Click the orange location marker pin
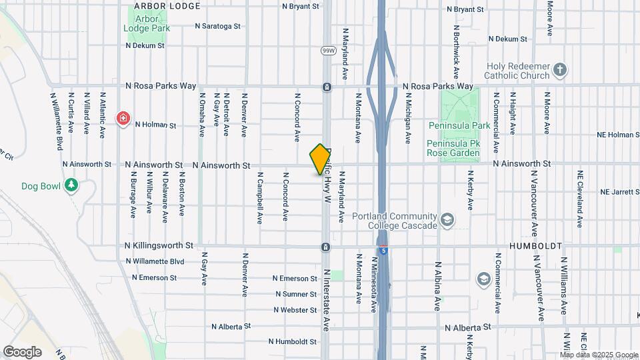tap(320, 159)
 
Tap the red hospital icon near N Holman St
tap(123, 119)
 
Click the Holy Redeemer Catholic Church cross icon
tap(561, 69)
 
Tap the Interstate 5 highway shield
tap(383, 250)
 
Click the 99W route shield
tap(327, 51)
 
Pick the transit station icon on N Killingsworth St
tap(325, 247)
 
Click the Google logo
tap(22, 351)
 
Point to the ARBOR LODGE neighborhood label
tap(167, 6)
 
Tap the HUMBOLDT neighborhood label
tap(536, 246)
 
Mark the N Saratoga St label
tap(217, 27)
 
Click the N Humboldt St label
tap(293, 341)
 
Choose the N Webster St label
tap(295, 310)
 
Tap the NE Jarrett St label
tap(619, 192)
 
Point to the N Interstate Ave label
tap(327, 300)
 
